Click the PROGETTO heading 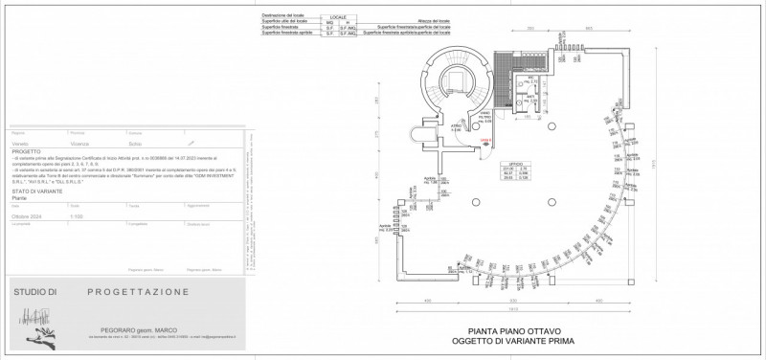(27, 150)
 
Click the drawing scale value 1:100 (77, 216)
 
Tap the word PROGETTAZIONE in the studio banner (137, 291)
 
